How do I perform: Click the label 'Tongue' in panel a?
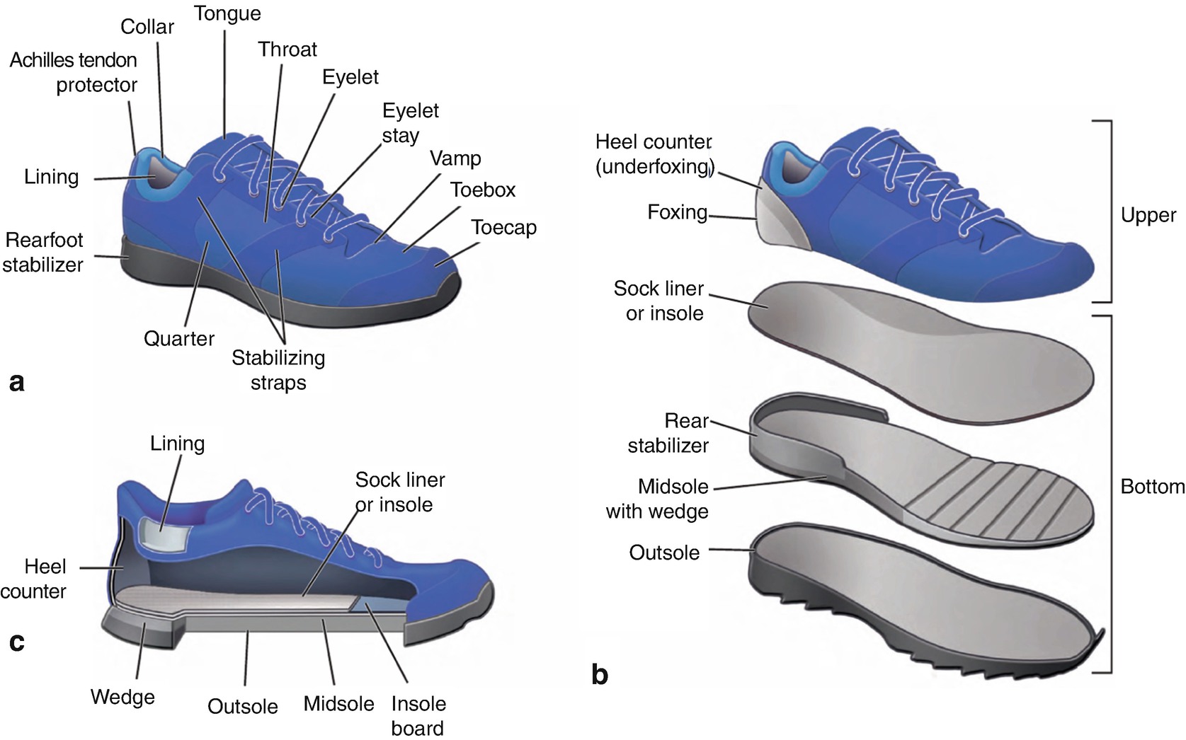227,14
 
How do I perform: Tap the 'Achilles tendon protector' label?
74,72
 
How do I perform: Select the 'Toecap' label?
503,228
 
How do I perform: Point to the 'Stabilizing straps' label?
278,370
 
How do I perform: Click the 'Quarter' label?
178,339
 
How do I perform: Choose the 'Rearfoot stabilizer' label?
43,253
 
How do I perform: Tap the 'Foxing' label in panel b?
677,212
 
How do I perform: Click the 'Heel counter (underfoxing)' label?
654,154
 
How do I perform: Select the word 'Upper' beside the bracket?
1148,215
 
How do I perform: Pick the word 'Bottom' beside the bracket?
1152,487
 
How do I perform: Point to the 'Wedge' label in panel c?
122,698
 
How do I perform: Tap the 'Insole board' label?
418,716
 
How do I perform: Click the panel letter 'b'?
599,675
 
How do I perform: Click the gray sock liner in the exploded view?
920,347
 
